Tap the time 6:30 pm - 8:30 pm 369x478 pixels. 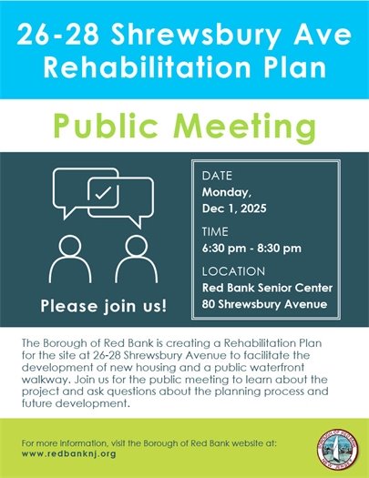(x=251, y=248)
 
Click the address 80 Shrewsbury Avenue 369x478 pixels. (x=262, y=303)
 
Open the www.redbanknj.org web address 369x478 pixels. (x=67, y=453)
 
